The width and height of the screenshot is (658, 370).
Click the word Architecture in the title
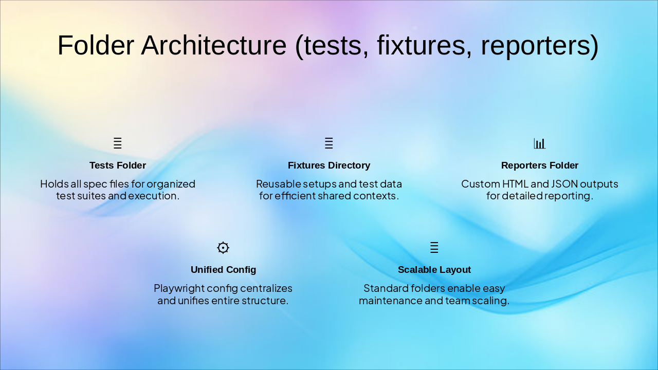213,45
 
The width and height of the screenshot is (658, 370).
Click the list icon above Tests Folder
118,143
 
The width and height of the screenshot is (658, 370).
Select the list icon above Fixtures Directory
328,143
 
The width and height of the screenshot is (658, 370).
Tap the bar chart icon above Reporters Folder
540,143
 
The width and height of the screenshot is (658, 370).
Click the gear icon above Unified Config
223,248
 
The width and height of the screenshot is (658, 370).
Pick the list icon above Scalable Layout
434,247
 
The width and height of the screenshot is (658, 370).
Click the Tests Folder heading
118,165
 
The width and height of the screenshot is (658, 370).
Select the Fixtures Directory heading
329,165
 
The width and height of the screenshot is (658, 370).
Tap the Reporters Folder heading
540,165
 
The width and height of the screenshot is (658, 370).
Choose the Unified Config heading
223,270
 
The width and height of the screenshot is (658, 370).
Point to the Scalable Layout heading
434,270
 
